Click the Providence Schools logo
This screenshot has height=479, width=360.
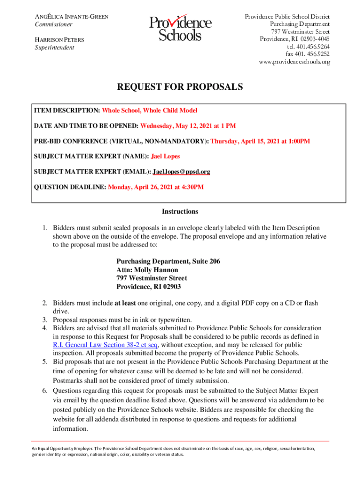(180, 29)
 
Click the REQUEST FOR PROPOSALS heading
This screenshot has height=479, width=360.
(180, 87)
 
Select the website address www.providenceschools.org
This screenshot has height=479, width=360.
(294, 62)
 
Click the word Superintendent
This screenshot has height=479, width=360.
(55, 48)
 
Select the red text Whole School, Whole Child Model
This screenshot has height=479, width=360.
(150, 110)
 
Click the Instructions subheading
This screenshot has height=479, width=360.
(180, 211)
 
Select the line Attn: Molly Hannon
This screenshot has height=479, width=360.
(147, 270)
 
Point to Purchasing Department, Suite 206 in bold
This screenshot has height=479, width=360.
(168, 261)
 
